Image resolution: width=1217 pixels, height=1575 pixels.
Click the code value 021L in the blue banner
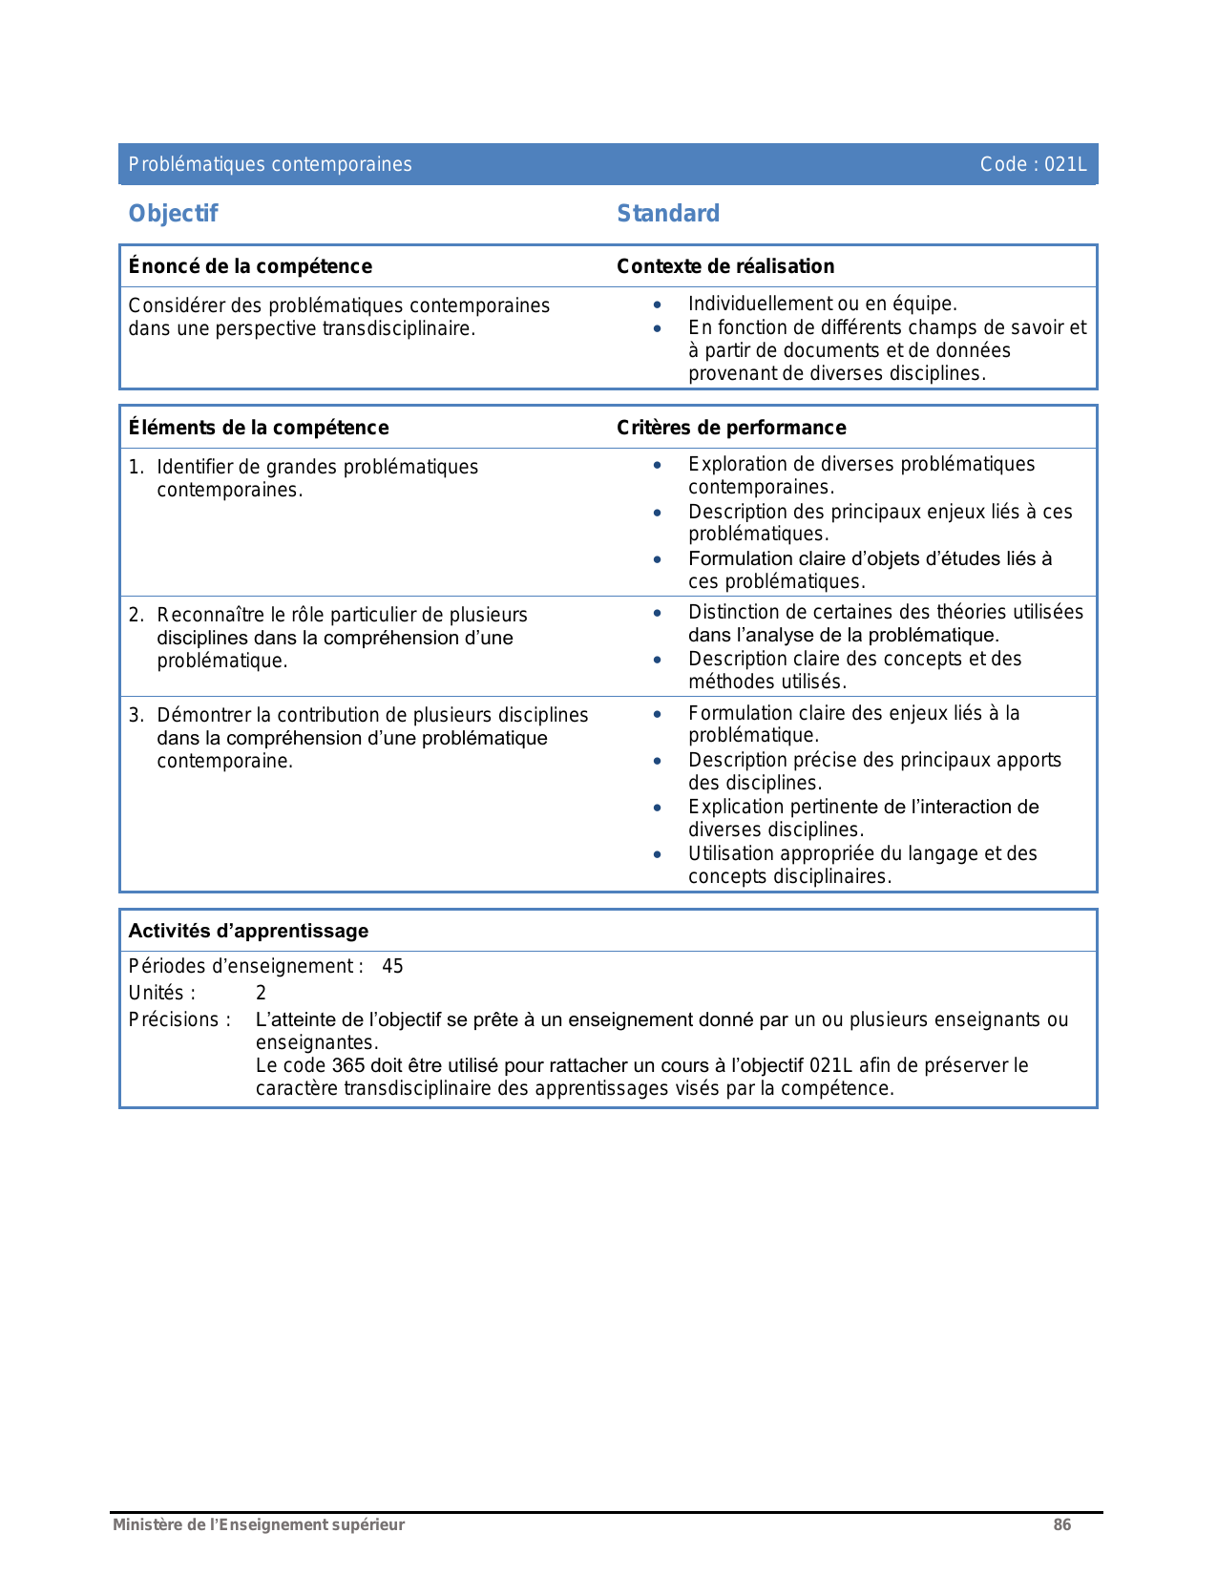[x=1065, y=164]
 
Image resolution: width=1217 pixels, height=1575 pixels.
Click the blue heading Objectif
[x=173, y=214]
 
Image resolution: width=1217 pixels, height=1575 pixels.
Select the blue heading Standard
[x=668, y=214]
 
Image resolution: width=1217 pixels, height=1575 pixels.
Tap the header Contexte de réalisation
[x=725, y=266]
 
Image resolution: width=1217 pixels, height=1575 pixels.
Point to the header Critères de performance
[x=731, y=428]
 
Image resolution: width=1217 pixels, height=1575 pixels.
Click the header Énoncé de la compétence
[x=250, y=266]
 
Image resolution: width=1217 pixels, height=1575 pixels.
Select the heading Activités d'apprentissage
[x=248, y=931]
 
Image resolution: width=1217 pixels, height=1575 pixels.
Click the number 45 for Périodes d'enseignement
[x=392, y=966]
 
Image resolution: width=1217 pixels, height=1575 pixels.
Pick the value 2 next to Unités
[x=261, y=993]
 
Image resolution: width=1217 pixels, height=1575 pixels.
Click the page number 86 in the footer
[x=1061, y=1524]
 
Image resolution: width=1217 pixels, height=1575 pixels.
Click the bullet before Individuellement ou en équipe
[x=657, y=304]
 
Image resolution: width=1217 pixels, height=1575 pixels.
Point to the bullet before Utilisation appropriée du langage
[x=657, y=854]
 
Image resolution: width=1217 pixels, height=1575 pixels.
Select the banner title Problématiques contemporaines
[x=270, y=164]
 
